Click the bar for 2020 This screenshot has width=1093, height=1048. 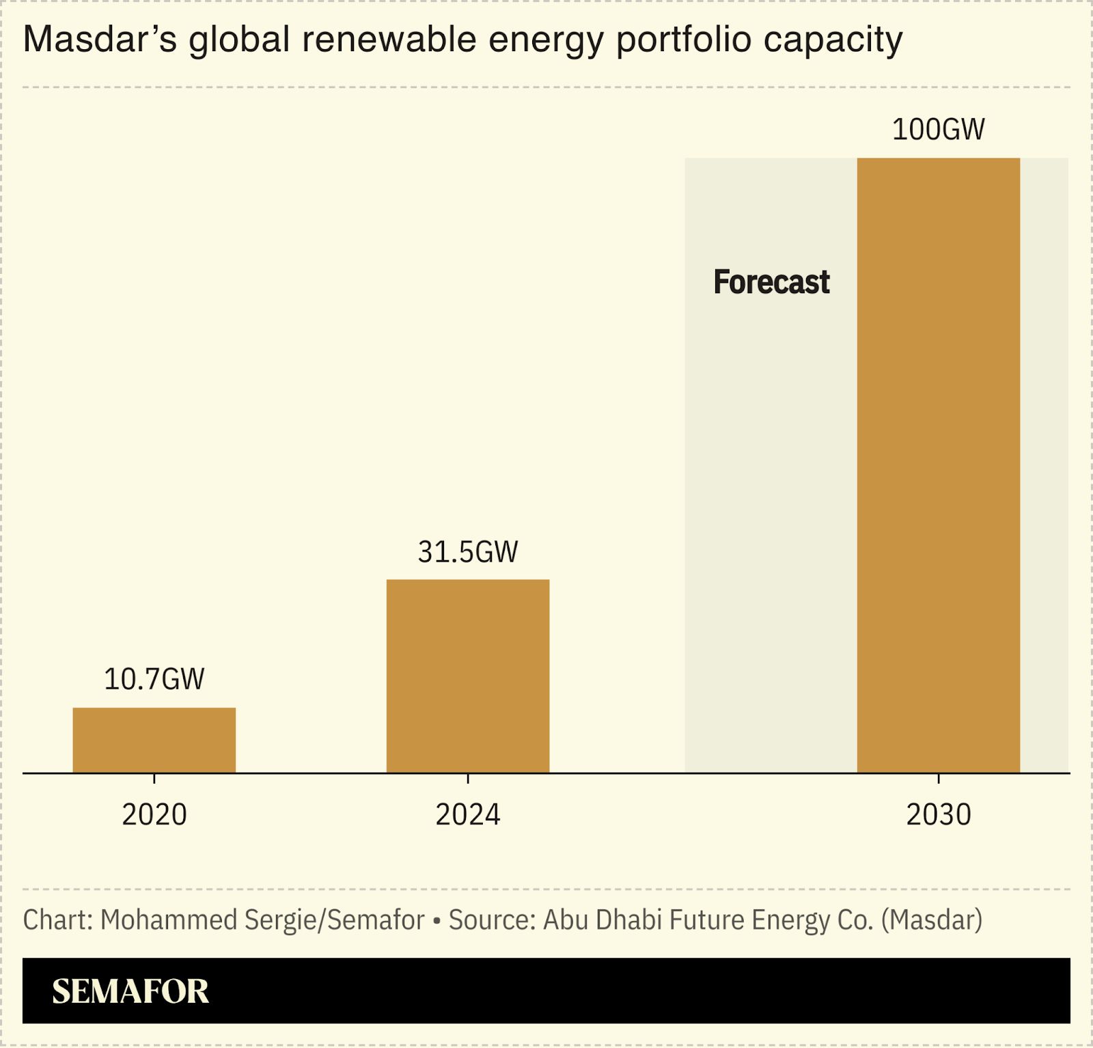point(154,740)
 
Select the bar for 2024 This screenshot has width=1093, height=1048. point(468,676)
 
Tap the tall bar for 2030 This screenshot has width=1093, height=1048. point(938,465)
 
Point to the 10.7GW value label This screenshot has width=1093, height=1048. point(154,679)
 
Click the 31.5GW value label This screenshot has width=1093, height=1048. point(468,551)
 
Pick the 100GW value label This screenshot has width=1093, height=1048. point(938,129)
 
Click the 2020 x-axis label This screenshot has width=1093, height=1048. point(154,814)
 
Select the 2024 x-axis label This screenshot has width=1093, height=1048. point(468,814)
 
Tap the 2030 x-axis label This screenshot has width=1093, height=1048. point(938,814)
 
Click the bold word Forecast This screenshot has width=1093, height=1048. point(771,282)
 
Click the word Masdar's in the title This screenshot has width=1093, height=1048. point(100,40)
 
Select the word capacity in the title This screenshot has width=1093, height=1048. point(833,40)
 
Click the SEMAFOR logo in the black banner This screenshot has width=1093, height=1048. point(130,991)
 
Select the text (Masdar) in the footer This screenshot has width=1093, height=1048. point(932,920)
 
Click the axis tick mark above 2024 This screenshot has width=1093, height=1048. point(468,778)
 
